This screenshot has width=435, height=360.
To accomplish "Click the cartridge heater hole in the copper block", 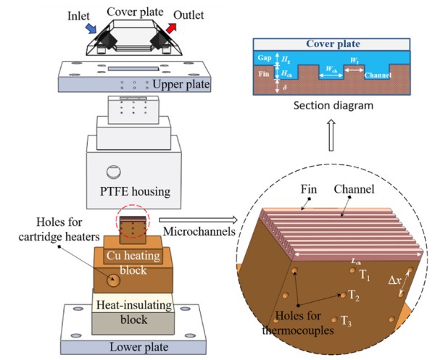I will coord(113,280).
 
